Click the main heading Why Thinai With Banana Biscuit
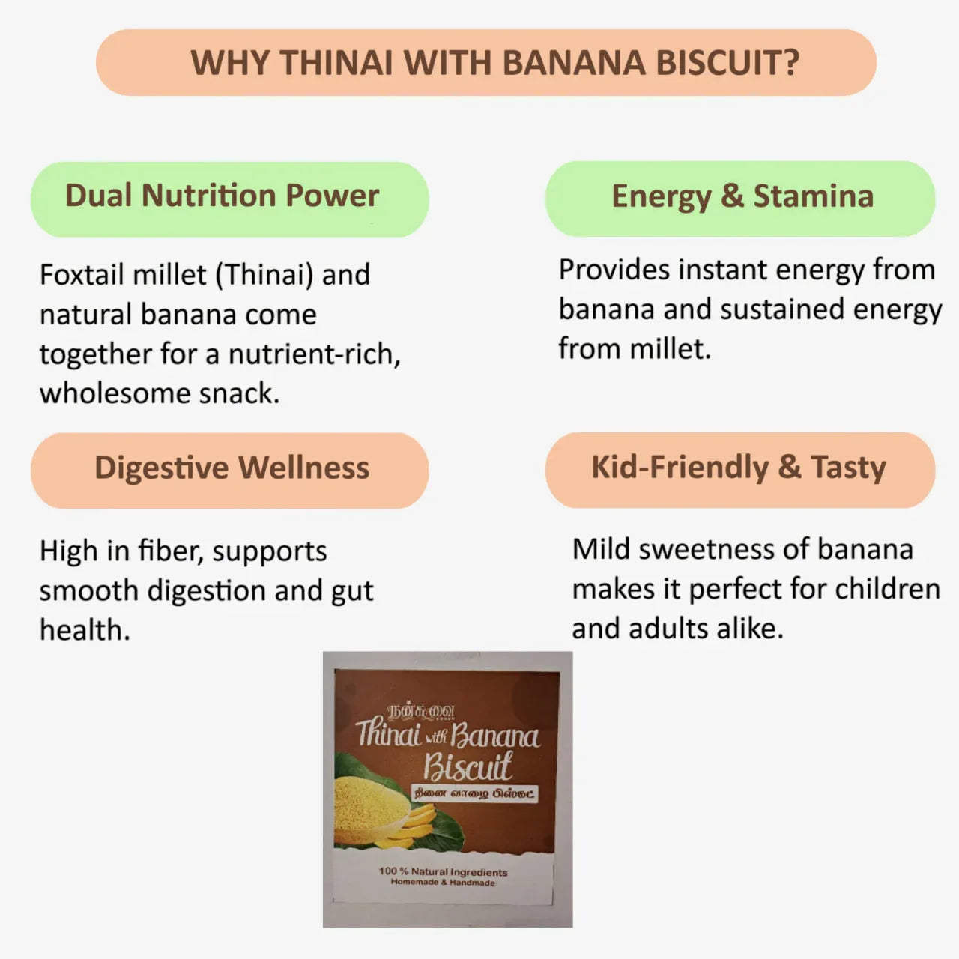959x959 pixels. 494,62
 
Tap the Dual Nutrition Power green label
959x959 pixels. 222,196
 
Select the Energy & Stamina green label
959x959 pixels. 742,196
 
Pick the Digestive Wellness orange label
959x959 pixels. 232,468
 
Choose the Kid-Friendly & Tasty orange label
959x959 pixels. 739,467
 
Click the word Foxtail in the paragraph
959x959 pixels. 81,275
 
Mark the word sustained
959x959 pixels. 781,309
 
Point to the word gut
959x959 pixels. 352,591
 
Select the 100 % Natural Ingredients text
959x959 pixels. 443,871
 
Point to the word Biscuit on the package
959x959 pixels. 467,766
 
